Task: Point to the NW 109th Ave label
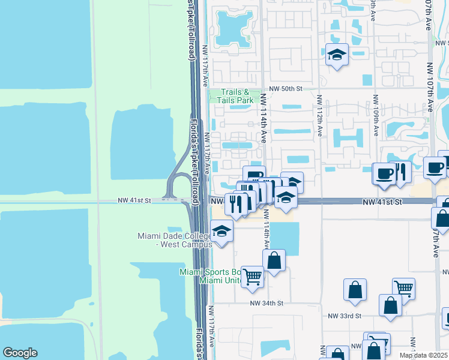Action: pyautogui.click(x=376, y=117)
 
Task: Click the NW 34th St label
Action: pyautogui.click(x=267, y=304)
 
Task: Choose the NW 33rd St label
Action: pyautogui.click(x=345, y=316)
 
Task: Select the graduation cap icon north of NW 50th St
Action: pyautogui.click(x=337, y=55)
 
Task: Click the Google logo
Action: pyautogui.click(x=20, y=353)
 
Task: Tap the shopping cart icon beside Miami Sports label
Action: pyautogui.click(x=253, y=277)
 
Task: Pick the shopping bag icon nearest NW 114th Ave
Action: pyautogui.click(x=274, y=260)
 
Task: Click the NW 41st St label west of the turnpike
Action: pyautogui.click(x=133, y=200)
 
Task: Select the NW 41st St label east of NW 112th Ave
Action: pyautogui.click(x=381, y=203)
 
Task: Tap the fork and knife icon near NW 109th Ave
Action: pyautogui.click(x=400, y=172)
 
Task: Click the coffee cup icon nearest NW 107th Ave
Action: pyautogui.click(x=434, y=168)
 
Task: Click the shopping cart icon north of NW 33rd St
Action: pyautogui.click(x=403, y=289)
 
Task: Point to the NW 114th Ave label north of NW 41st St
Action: pyautogui.click(x=263, y=118)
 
